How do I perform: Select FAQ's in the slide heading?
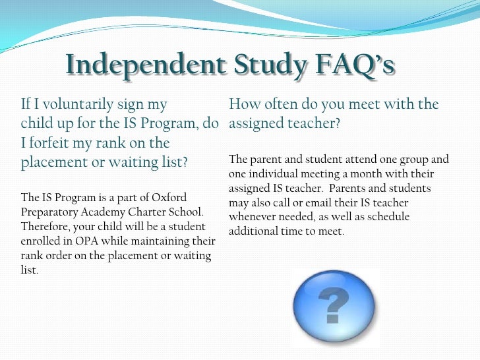click(356, 65)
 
